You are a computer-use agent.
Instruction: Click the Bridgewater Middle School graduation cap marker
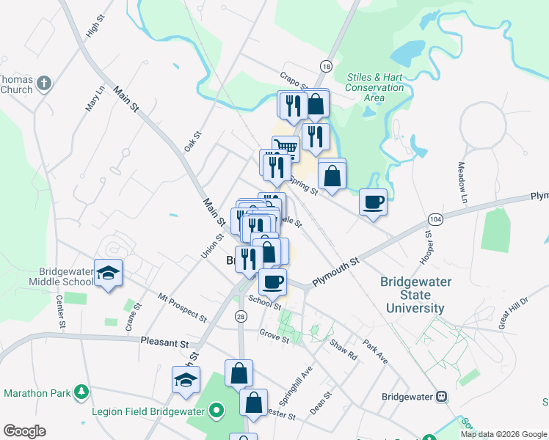[109, 273]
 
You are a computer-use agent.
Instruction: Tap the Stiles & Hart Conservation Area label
[375, 87]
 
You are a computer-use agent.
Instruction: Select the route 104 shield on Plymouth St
[436, 220]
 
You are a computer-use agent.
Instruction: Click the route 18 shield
[326, 67]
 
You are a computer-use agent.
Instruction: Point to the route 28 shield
[241, 316]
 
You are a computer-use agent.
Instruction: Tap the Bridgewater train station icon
[442, 396]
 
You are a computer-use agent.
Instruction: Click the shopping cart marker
[286, 148]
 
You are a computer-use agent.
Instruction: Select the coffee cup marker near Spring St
[373, 201]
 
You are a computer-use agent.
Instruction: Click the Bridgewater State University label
[412, 295]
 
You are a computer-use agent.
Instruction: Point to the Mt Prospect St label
[183, 307]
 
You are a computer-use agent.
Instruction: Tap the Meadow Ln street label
[462, 183]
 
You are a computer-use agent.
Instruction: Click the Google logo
[24, 431]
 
